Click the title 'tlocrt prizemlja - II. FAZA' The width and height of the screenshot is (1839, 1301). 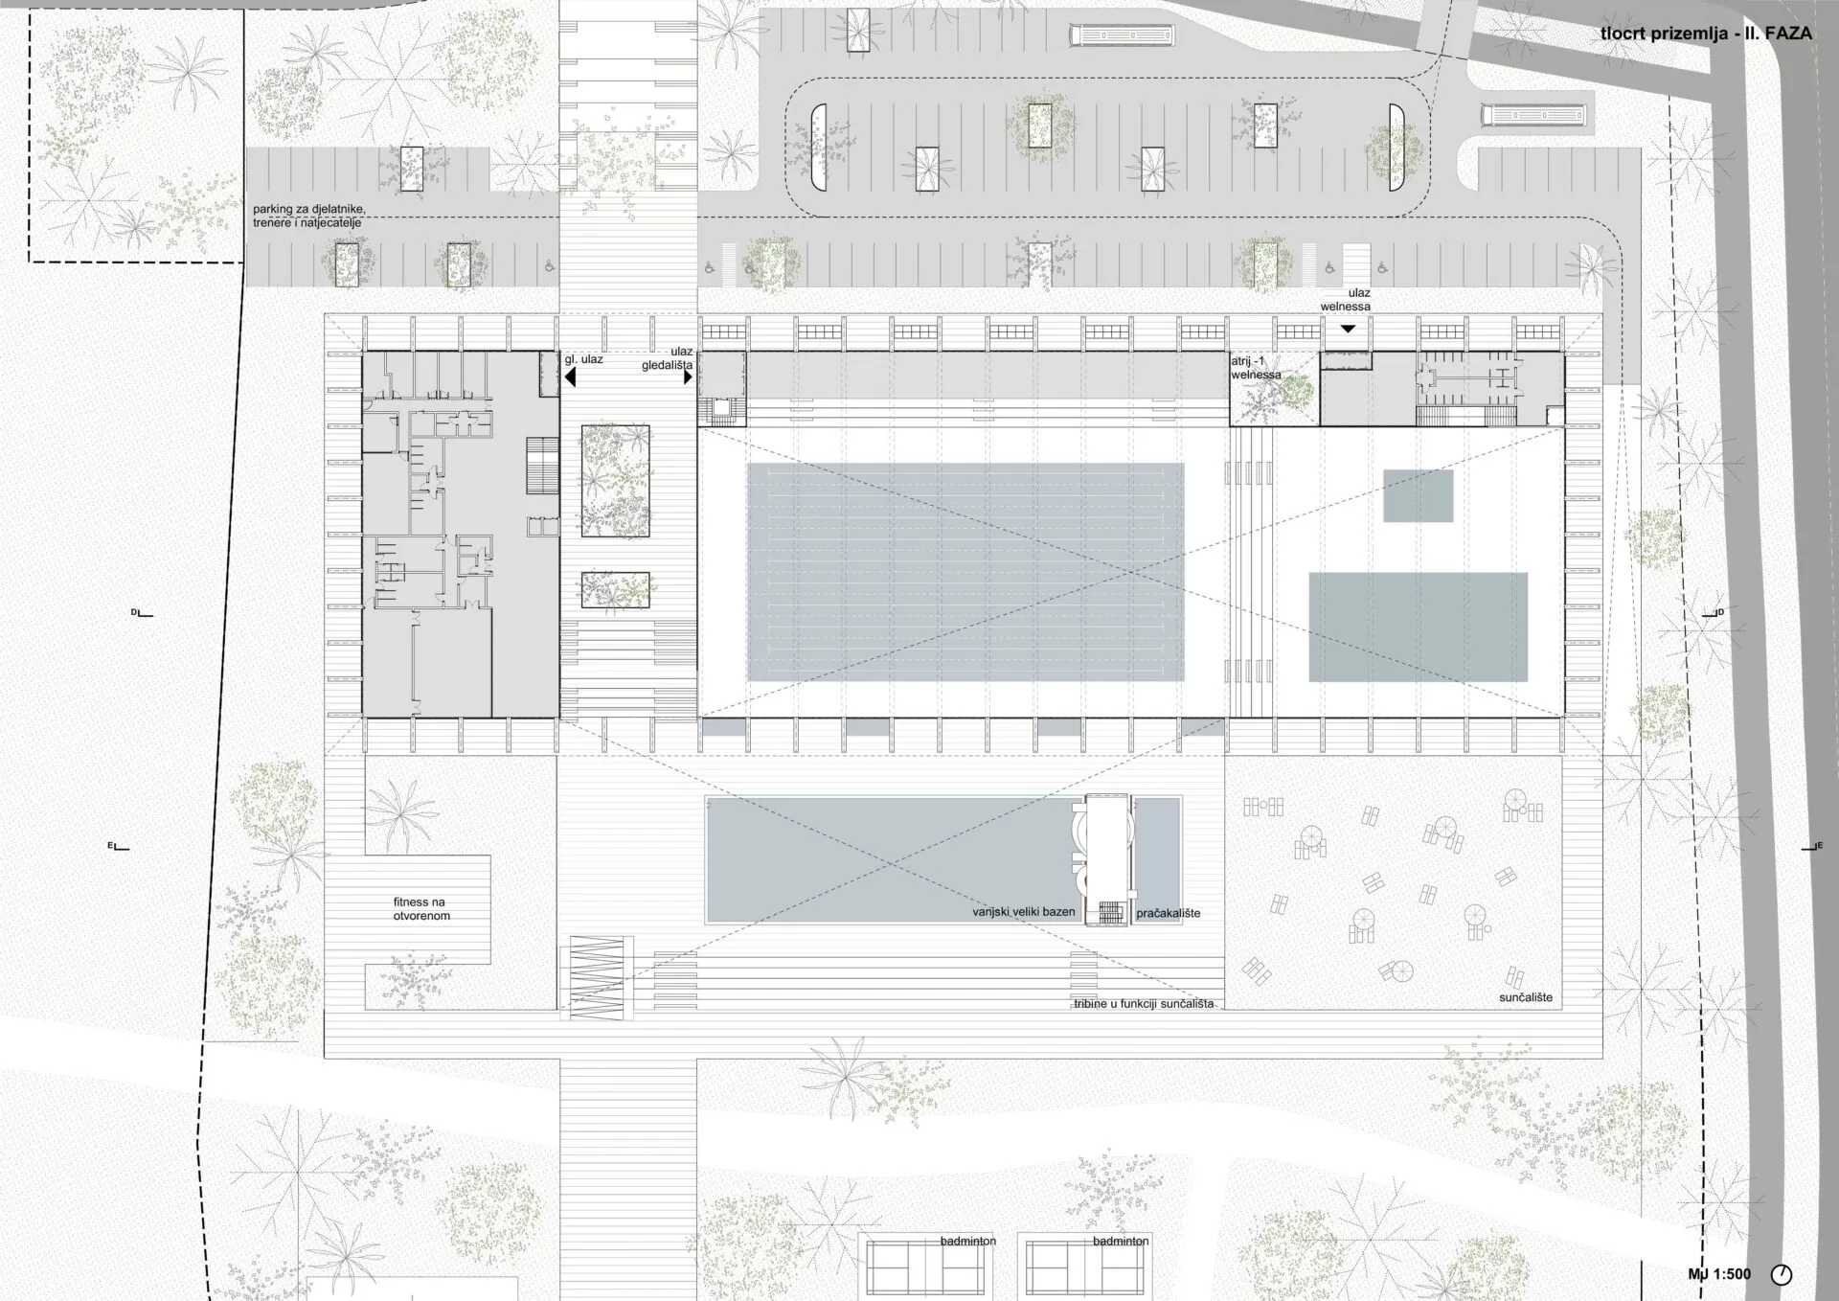tap(1706, 34)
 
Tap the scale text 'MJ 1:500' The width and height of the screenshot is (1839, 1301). tap(1719, 1274)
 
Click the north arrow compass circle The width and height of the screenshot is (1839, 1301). tap(1782, 1274)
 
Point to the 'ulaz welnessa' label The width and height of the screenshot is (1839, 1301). tap(1347, 300)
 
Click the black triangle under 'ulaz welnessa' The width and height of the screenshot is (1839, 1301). tap(1348, 329)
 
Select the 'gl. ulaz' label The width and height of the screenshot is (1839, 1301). tap(583, 359)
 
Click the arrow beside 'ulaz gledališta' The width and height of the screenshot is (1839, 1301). tap(688, 377)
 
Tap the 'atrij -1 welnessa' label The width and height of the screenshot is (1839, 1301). tap(1255, 368)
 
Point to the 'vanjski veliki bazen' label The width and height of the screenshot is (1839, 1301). tap(1024, 912)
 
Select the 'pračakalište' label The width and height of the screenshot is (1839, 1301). tap(1169, 913)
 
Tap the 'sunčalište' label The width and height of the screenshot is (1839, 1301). tap(1526, 997)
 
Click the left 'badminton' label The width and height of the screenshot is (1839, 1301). tap(967, 1241)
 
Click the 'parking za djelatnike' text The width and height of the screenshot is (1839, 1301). tap(309, 209)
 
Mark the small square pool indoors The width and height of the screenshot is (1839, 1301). tap(1418, 495)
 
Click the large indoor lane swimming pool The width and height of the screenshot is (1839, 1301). tap(965, 572)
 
